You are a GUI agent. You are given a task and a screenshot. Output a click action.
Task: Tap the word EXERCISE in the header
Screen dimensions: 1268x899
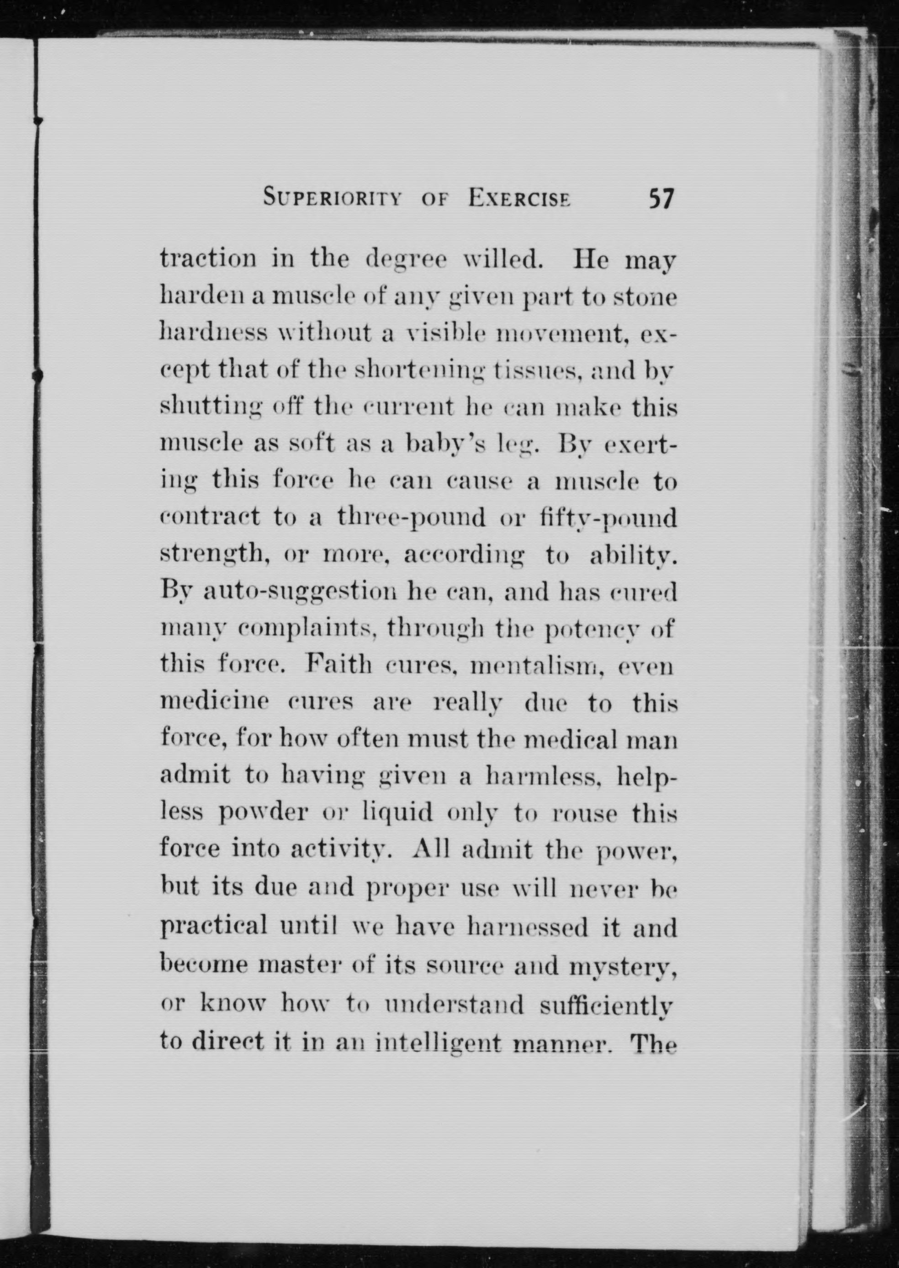tap(519, 198)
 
